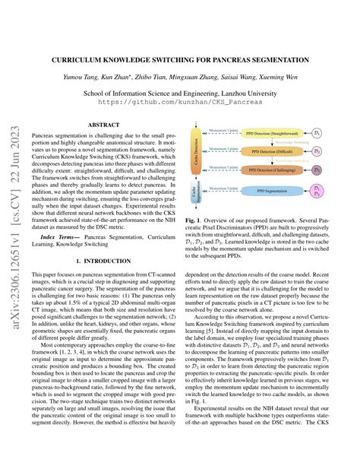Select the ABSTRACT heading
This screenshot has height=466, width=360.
tap(103, 123)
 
